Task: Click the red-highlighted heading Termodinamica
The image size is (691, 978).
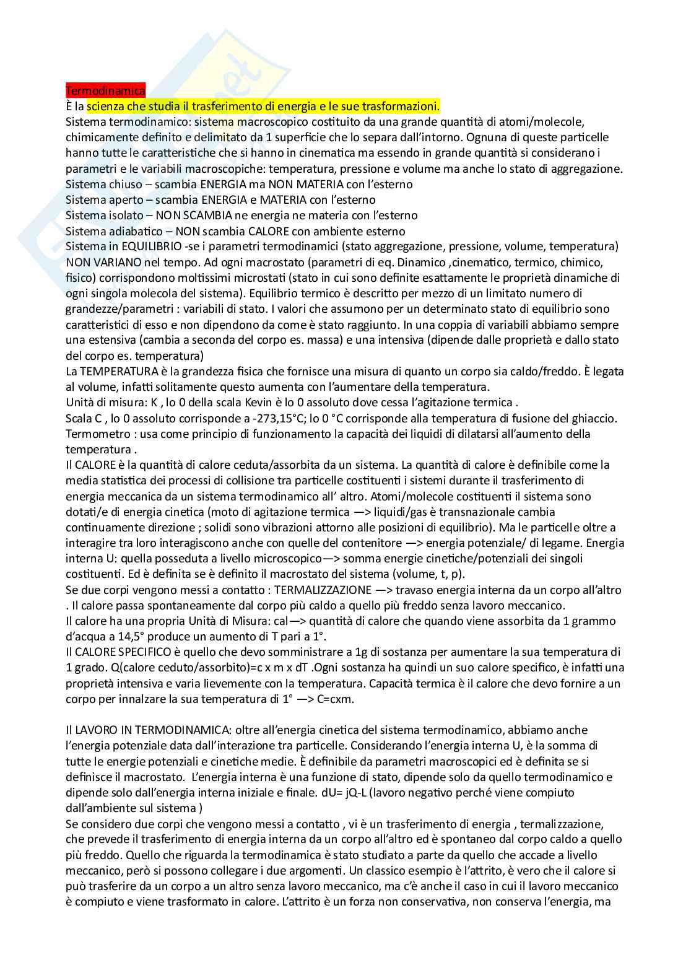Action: [x=105, y=91]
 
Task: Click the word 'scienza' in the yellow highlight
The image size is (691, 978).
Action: [x=106, y=107]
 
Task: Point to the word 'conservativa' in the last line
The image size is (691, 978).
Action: [x=433, y=902]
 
